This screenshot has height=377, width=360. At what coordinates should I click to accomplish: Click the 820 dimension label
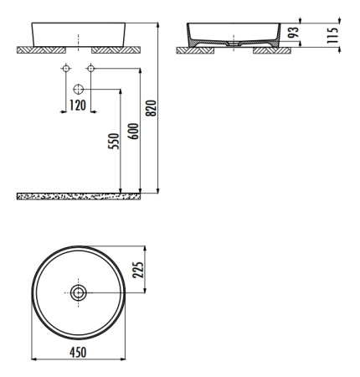152,108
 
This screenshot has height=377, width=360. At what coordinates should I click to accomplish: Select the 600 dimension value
133,132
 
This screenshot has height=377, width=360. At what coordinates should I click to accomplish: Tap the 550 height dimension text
114,142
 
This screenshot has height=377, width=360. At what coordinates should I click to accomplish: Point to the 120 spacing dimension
78,106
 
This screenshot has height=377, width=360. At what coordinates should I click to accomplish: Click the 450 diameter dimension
78,352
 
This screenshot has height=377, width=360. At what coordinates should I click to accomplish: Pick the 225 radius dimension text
138,270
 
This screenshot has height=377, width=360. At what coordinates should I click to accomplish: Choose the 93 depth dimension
294,33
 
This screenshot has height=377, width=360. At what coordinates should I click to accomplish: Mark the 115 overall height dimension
332,35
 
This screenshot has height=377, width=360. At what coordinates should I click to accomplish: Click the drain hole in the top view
79,292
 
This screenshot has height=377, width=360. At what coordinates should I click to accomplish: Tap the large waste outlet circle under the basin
79,90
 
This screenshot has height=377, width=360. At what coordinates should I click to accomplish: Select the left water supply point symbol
66,68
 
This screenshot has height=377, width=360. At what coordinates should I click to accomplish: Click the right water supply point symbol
91,68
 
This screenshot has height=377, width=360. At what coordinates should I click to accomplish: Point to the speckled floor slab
79,196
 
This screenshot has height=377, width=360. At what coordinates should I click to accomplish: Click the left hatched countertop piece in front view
42,50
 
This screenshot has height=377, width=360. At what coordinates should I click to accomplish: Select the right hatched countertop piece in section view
272,50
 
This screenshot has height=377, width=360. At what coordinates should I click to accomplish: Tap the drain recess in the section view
234,44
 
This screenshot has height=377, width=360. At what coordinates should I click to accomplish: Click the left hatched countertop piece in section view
195,50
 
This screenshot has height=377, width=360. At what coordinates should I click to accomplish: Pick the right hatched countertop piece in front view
116,50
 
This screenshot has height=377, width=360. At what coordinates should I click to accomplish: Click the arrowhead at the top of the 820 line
158,25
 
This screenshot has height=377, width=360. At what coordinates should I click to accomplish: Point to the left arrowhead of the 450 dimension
34,359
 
